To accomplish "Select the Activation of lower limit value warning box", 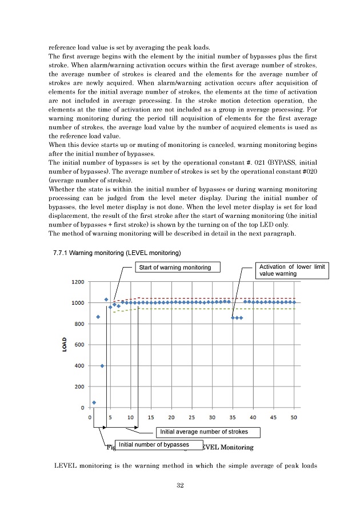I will (291, 270).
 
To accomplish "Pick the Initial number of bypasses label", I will (153, 444).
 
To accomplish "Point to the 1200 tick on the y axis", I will (78, 282).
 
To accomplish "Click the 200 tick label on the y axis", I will (79, 387).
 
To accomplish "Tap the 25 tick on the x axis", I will (191, 417).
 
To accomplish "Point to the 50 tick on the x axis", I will (294, 417).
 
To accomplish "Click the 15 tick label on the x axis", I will (151, 417).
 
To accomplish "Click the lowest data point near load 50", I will (94, 403).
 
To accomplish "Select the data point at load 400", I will (102, 366).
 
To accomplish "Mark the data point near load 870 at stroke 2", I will (98, 317).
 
